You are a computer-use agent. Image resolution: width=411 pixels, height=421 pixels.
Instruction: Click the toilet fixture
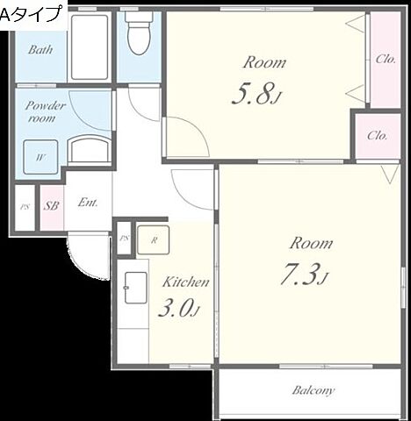point(139,32)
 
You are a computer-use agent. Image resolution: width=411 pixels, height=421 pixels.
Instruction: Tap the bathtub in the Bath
point(90,46)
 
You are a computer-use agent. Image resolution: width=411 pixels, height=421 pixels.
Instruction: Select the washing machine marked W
point(40,157)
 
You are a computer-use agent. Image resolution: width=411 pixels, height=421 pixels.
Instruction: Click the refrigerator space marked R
point(154,239)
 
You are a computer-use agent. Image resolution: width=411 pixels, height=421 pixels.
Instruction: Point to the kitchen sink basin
point(135,288)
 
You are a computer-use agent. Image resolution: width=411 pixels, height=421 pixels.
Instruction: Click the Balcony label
point(314,390)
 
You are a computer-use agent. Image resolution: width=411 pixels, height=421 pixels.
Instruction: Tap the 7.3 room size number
point(305,275)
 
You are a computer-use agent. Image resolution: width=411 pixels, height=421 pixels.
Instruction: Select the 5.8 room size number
point(256,94)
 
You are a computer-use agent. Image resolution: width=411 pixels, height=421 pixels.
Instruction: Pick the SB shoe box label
point(51,206)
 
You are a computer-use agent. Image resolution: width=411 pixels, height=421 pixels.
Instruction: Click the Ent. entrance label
point(88,203)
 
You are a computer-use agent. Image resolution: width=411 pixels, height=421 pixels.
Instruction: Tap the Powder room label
point(45,111)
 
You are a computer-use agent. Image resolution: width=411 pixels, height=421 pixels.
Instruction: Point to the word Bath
point(40,50)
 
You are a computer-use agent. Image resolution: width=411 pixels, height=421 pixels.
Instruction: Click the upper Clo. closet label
point(386,60)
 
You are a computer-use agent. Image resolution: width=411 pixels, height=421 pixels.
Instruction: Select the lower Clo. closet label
point(378,136)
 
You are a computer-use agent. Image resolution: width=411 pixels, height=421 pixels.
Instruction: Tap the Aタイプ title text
point(32,14)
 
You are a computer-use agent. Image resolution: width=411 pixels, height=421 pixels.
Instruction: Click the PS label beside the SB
point(25,207)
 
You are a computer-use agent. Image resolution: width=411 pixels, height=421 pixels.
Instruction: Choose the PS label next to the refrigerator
point(124,239)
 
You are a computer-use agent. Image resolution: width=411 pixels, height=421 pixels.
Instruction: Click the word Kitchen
point(186,282)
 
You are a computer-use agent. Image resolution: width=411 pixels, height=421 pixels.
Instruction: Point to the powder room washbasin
point(90,149)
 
